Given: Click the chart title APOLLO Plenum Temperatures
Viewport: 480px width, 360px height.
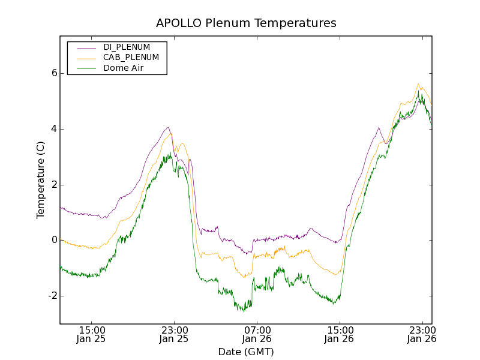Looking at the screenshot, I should click(246, 23).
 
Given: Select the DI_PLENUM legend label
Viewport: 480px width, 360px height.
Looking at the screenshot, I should click(127, 47).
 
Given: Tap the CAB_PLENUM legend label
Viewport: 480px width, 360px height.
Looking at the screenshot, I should click(131, 58).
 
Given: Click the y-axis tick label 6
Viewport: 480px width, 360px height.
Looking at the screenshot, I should click(53, 73).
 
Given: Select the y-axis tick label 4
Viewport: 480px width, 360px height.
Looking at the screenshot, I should click(53, 129).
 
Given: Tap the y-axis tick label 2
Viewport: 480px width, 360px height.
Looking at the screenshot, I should click(53, 185).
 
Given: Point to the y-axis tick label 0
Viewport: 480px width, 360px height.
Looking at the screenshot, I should click(53, 240).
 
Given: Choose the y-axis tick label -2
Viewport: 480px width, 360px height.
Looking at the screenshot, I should click(52, 296).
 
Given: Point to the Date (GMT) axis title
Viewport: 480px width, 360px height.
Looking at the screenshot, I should click(246, 352).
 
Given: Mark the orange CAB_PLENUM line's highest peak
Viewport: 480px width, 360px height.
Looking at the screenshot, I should click(418, 84).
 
